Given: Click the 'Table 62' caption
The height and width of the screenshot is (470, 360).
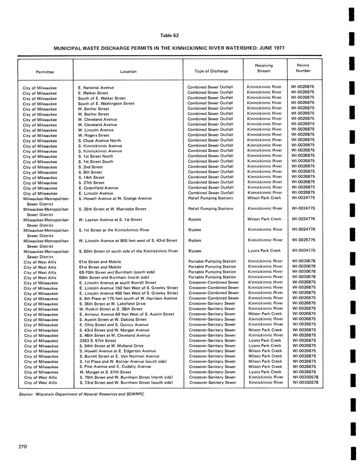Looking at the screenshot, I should click(169, 35).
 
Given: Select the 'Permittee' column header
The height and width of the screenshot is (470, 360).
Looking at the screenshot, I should click(45, 72).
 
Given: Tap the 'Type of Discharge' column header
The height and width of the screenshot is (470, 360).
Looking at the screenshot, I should click(211, 71).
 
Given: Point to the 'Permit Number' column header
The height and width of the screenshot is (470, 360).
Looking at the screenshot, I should click(303, 68).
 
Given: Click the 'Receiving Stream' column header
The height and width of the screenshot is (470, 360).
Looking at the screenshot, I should click(264, 68).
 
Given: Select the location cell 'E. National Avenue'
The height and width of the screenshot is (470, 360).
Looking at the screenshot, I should click(96, 88).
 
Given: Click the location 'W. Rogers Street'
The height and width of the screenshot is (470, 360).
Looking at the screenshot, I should click(94, 135).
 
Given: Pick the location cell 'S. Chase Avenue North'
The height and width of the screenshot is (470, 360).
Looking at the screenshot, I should click(99, 140).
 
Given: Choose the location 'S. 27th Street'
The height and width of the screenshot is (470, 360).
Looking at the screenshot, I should click(91, 183).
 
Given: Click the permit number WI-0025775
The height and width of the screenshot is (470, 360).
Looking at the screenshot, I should click(303, 240).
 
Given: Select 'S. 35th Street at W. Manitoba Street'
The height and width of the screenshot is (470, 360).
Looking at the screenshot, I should click(112, 209).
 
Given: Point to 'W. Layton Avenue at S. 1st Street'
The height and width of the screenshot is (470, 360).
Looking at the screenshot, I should click(110, 219).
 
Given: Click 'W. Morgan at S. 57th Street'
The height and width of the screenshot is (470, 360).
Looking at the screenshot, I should click(105, 372).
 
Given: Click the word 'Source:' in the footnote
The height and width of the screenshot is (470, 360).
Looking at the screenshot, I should click(26, 394).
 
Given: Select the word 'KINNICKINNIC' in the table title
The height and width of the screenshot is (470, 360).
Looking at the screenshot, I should click(181, 48).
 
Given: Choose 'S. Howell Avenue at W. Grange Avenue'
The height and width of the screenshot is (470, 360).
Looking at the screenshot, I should click(115, 198).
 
